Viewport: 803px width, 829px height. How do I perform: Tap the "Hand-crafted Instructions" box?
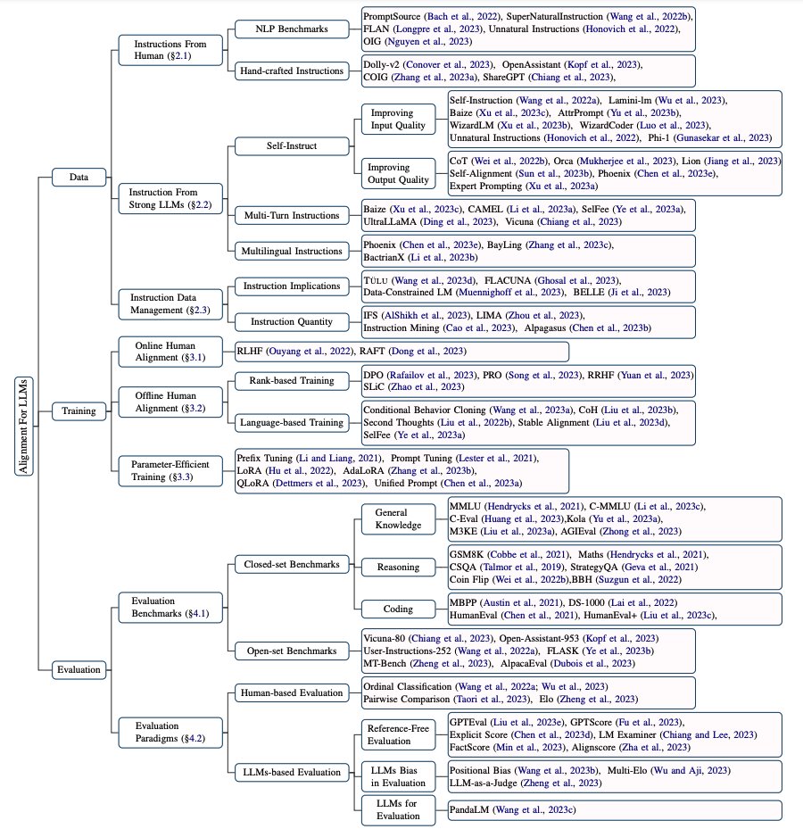[x=291, y=70]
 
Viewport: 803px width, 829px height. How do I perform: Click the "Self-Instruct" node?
[x=292, y=145]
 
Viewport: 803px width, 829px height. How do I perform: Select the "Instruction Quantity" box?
[x=292, y=321]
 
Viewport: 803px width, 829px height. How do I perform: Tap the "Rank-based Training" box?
[x=290, y=380]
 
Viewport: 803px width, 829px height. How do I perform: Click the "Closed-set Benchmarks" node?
[x=292, y=564]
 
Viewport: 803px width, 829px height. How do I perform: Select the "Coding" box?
[x=398, y=609]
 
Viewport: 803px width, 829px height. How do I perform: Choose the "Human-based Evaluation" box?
[x=292, y=692]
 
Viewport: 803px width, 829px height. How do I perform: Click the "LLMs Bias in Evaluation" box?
[x=398, y=775]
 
